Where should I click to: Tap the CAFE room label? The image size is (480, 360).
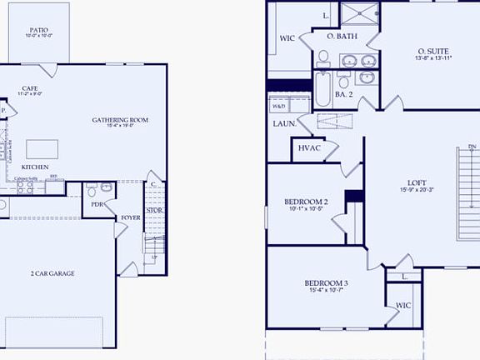29,87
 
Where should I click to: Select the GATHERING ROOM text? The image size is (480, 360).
120,120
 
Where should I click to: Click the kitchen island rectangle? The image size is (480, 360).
41,148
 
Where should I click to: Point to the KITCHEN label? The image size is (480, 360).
35,167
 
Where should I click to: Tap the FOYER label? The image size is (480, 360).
131,217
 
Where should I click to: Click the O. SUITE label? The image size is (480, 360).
433,52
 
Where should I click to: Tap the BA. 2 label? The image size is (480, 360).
345,94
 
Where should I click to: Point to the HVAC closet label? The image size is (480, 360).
309,149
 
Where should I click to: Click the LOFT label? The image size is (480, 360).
417,182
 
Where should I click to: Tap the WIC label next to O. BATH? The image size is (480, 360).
287,37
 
